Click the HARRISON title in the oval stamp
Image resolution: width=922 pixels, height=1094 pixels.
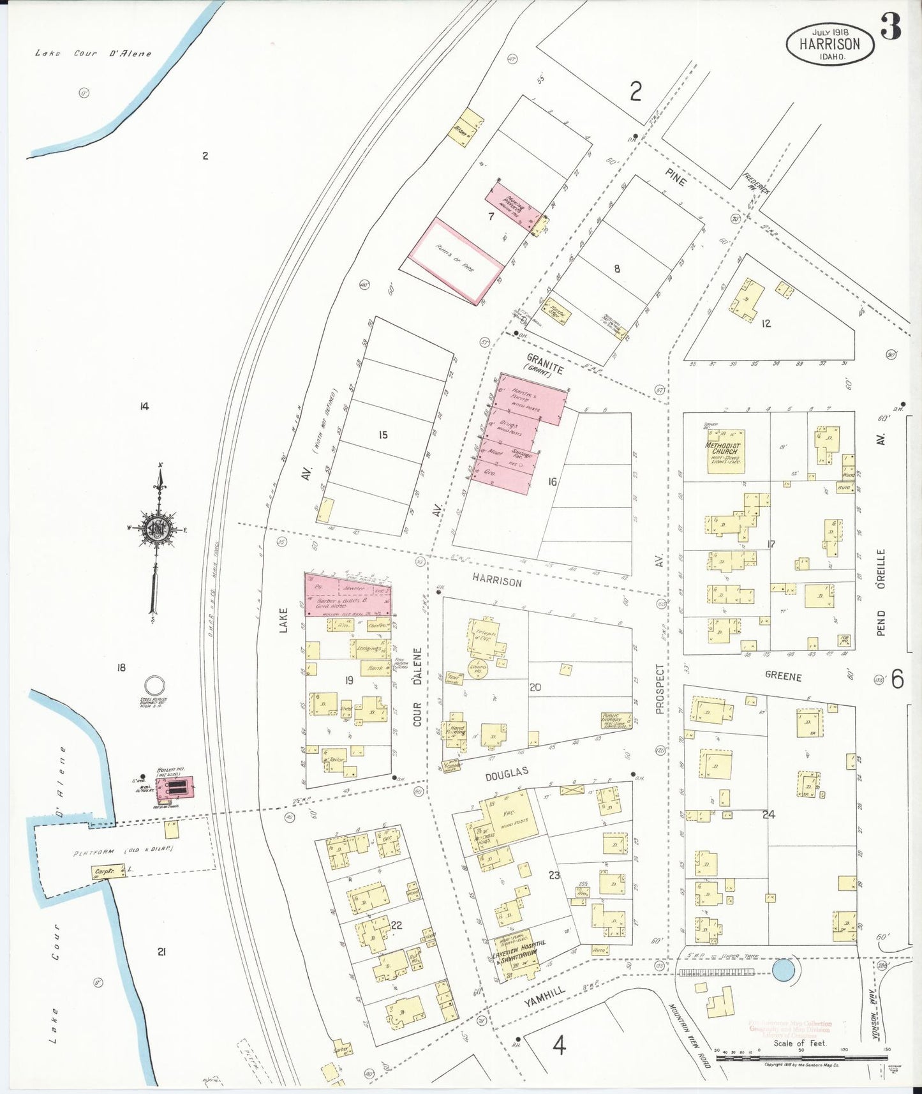pyautogui.click(x=829, y=44)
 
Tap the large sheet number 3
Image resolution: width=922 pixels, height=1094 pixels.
pyautogui.click(x=891, y=26)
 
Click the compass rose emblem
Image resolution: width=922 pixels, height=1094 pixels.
pyautogui.click(x=157, y=529)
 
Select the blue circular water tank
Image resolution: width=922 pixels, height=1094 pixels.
pyautogui.click(x=784, y=971)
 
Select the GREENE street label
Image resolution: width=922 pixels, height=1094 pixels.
pyautogui.click(x=782, y=676)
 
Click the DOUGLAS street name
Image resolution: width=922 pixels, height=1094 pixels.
pyautogui.click(x=507, y=774)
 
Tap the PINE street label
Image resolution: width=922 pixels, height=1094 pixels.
pyautogui.click(x=675, y=177)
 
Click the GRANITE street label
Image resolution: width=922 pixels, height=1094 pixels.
pyautogui.click(x=545, y=364)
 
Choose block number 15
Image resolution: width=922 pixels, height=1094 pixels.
pyautogui.click(x=383, y=435)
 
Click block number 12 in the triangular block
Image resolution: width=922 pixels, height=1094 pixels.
pyautogui.click(x=766, y=324)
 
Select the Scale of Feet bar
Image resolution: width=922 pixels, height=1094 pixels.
pyautogui.click(x=801, y=1058)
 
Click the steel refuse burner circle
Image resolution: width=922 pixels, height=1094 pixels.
pyautogui.click(x=153, y=686)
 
